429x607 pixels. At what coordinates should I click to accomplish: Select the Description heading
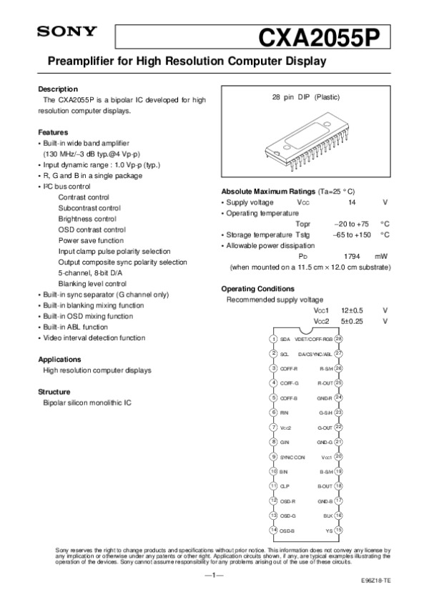pos(57,89)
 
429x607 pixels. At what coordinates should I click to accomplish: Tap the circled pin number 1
pos(274,338)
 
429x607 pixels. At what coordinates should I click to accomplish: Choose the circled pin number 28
pos(339,338)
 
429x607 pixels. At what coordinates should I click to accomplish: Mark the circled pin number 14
pos(274,530)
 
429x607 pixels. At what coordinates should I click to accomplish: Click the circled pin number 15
pos(339,530)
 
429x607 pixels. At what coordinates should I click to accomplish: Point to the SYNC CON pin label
pos(292,457)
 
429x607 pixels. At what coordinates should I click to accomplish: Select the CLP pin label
pos(285,486)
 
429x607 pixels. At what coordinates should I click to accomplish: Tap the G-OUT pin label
pos(325,428)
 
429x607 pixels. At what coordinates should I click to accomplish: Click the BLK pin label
pos(328,515)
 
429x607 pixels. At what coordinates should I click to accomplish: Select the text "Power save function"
pos(89,240)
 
